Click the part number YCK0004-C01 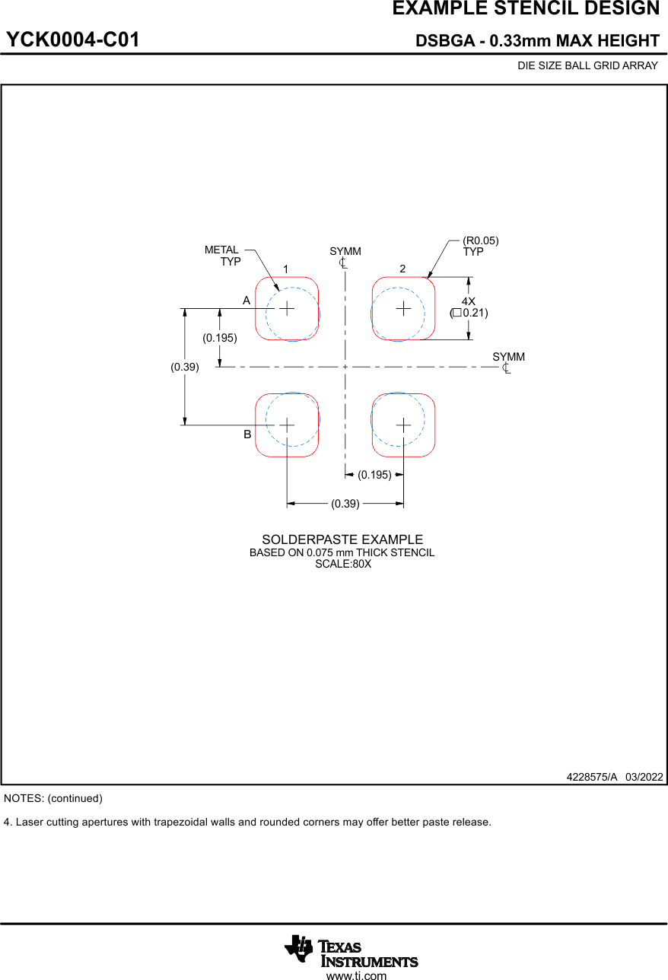tap(73, 40)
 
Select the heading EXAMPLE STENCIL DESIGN tap(526, 9)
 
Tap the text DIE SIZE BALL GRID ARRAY tap(587, 65)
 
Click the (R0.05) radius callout tap(481, 240)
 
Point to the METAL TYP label tap(223, 256)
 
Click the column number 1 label tap(285, 269)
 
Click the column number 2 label tap(402, 269)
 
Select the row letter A tap(247, 301)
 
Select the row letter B tap(247, 434)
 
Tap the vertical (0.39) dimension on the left tap(185, 367)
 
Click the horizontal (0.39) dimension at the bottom tap(345, 503)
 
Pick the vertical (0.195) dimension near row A tap(220, 337)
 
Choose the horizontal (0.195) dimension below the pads tap(374, 475)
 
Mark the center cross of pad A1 tap(287, 308)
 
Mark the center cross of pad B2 tap(403, 425)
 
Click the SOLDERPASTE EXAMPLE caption tap(342, 539)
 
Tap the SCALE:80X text tap(343, 564)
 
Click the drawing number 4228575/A tap(592, 777)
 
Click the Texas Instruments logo tap(351, 950)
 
